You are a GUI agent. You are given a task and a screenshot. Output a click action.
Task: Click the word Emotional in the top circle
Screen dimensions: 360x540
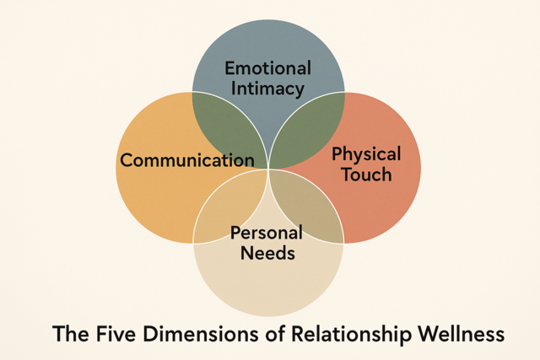268,68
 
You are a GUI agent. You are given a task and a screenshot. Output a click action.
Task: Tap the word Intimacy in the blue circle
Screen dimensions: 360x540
268,89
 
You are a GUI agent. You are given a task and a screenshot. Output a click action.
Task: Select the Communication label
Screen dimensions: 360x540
187,160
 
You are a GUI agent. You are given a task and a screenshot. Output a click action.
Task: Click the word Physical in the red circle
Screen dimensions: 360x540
365,154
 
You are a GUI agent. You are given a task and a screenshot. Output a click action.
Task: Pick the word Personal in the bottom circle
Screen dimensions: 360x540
267,232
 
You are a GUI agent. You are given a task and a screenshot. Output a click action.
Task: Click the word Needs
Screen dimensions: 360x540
267,251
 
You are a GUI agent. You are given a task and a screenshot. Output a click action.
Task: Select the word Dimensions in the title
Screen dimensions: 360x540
197,334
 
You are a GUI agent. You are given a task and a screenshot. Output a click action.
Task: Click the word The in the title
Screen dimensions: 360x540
70,334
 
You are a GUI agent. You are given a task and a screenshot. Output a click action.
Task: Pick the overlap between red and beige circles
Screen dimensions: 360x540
308,207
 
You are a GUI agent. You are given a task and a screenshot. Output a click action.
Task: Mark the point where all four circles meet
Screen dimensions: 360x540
268,169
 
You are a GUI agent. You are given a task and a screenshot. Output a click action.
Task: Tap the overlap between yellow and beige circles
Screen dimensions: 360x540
225,202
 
